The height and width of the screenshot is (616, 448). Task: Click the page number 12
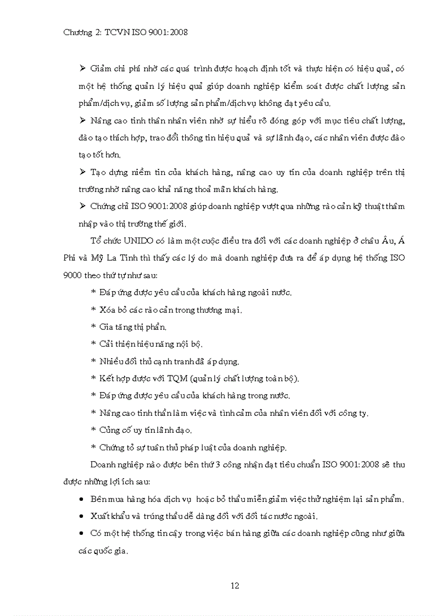pos(235,585)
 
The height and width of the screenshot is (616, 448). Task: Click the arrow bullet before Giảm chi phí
pos(83,69)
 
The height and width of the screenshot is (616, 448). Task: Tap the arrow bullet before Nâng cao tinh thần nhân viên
pos(83,120)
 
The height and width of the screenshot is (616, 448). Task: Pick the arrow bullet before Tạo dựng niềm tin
pos(83,172)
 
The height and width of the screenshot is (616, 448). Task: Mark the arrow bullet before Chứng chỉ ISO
pos(83,206)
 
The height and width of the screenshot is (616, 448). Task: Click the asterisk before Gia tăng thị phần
pos(93,327)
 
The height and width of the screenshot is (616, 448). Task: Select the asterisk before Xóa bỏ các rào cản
pos(93,310)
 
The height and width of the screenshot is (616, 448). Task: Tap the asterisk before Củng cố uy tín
pos(93,430)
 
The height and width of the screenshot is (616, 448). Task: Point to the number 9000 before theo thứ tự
pos(73,275)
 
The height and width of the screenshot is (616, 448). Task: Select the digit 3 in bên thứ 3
pos(218,465)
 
